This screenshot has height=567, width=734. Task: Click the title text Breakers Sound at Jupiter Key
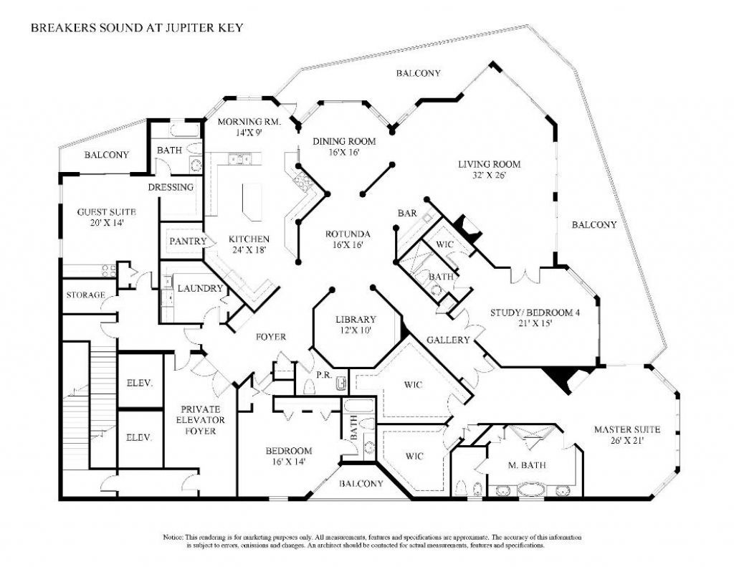coord(136,29)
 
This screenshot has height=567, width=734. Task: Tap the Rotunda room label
coord(348,239)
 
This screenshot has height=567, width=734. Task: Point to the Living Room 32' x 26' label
coord(490,170)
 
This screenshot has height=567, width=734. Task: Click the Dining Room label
coord(345,146)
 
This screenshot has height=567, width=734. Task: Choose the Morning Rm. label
coord(249,127)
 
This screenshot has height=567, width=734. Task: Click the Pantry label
coord(188,242)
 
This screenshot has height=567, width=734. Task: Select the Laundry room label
coord(201,288)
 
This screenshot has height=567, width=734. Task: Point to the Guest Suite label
coord(107,218)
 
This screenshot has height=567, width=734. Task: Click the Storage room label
coord(86,295)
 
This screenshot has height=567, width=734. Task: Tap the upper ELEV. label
coord(139,383)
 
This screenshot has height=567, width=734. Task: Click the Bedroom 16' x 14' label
coord(289,457)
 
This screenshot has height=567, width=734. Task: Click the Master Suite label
coord(627,435)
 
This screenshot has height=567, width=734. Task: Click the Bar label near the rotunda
coord(406,213)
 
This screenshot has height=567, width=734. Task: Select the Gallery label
coord(449,340)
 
